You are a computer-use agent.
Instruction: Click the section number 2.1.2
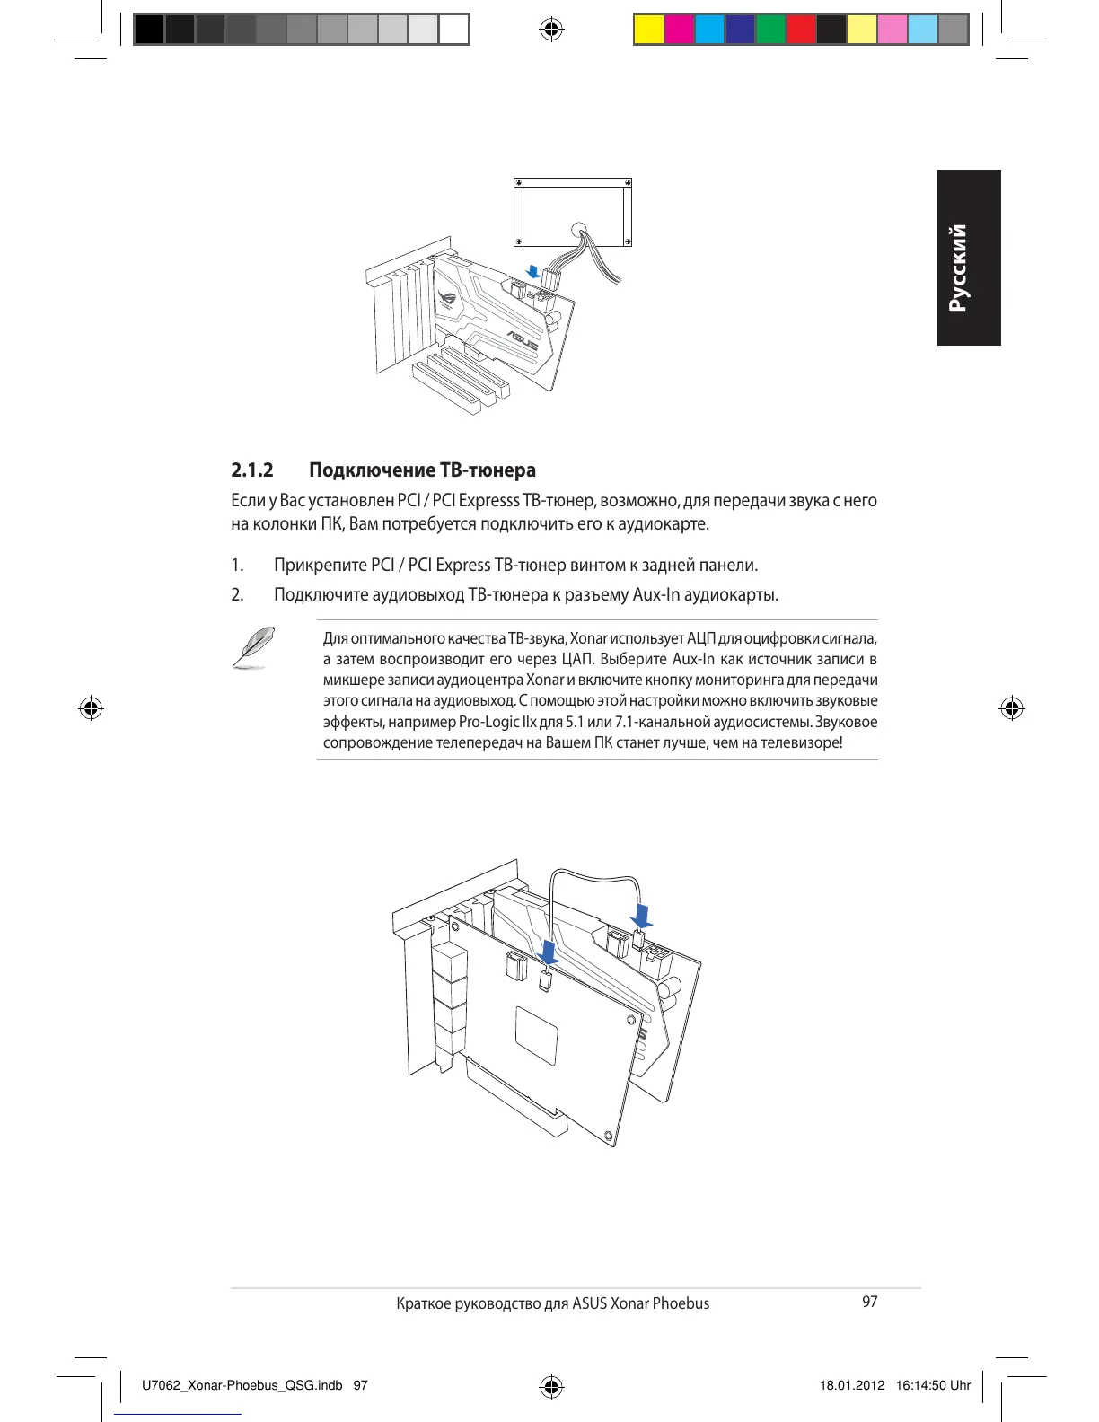coord(251,470)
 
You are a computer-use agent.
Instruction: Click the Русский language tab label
coord(959,268)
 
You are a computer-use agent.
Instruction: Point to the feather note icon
coord(253,646)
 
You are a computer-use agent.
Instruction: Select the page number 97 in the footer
coord(869,1302)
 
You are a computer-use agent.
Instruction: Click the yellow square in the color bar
coord(649,30)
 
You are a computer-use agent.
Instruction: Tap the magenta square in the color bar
coord(680,30)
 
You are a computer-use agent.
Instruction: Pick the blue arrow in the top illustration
coord(534,271)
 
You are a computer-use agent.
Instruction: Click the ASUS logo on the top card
coord(522,342)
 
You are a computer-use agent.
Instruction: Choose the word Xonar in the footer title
coord(629,1303)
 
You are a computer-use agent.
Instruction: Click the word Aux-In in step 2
coord(657,595)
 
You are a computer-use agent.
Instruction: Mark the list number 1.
coord(237,566)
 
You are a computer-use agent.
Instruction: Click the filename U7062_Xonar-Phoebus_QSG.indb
coord(242,1385)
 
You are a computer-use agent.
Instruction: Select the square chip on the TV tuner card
coord(537,1036)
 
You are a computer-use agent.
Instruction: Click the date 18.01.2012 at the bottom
coord(851,1385)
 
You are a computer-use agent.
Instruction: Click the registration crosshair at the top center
coord(551,30)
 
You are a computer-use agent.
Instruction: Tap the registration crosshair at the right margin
coord(1011,708)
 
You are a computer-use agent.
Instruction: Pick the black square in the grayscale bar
coord(150,30)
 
